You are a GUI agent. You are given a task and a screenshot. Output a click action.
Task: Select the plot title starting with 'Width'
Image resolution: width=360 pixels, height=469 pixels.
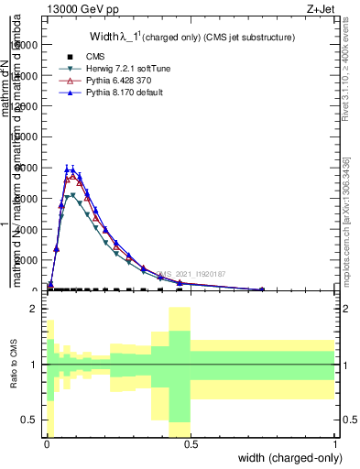(x=178, y=38)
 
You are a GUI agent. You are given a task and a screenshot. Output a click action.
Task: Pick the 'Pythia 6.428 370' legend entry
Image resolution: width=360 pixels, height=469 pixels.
(x=115, y=81)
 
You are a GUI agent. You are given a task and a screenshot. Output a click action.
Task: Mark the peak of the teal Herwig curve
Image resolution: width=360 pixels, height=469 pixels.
(x=73, y=194)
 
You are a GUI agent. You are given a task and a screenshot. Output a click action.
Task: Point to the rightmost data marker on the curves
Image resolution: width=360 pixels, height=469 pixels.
(x=262, y=289)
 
